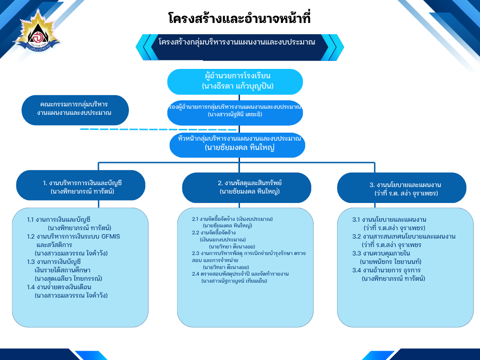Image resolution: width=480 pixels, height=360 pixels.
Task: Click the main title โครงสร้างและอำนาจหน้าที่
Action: [x=240, y=19]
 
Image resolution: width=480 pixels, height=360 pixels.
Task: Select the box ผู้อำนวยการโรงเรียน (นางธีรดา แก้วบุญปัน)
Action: [x=235, y=81]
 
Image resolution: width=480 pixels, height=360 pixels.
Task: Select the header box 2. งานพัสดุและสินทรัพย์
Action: [x=246, y=187]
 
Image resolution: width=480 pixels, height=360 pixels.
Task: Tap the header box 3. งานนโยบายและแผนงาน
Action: [x=402, y=188]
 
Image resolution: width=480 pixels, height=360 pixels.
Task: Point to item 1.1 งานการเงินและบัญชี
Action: [x=59, y=219]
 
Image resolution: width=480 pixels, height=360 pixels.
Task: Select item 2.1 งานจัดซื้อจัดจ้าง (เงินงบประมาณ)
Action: [x=232, y=219]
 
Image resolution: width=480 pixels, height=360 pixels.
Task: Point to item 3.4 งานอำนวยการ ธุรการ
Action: [x=387, y=270]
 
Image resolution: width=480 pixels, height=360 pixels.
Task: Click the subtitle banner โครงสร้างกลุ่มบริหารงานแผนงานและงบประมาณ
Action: [x=237, y=42]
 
